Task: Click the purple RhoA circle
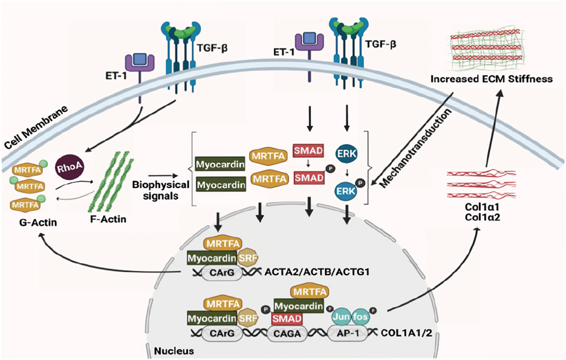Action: pos(69,167)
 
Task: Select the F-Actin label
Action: pos(108,219)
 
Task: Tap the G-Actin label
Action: pos(38,222)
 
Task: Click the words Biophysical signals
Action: pos(161,190)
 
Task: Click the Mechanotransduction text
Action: pos(415,148)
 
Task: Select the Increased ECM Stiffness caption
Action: pos(491,79)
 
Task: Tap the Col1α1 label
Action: pos(482,207)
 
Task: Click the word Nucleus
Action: pos(174,351)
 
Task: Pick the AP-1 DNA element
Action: pos(348,333)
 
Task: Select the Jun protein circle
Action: pos(341,317)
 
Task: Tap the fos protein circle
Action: pos(360,317)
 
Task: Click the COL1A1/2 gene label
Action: pos(406,333)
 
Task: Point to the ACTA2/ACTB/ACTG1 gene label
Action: pos(317,272)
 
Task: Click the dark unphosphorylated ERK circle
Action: pos(346,154)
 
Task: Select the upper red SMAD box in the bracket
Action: pos(308,151)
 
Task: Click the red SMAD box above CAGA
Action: pos(287,319)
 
